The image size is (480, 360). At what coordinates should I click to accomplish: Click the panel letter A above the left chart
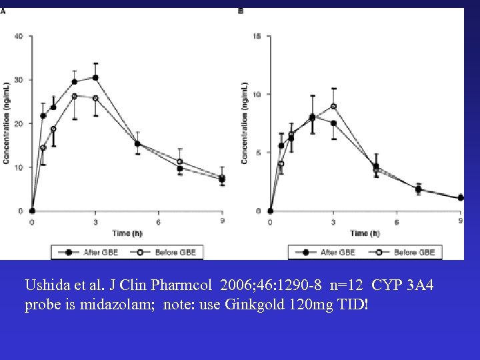coord(3,11)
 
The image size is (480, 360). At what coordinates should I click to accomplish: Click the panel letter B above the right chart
coord(241,11)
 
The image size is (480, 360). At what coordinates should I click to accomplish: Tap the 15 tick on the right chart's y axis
coord(257,36)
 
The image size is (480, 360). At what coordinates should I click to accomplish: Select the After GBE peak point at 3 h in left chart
coord(95,77)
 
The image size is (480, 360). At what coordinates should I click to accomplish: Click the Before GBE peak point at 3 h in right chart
coord(333,106)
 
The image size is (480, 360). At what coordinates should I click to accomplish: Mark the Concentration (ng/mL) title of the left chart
coord(6,123)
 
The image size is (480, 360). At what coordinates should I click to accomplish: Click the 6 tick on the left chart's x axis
coord(159,221)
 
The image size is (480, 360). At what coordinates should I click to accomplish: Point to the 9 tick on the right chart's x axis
coord(460,221)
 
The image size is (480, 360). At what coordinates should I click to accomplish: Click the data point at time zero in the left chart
coord(32,211)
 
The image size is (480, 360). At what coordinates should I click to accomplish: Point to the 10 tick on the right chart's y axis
coord(257,94)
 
